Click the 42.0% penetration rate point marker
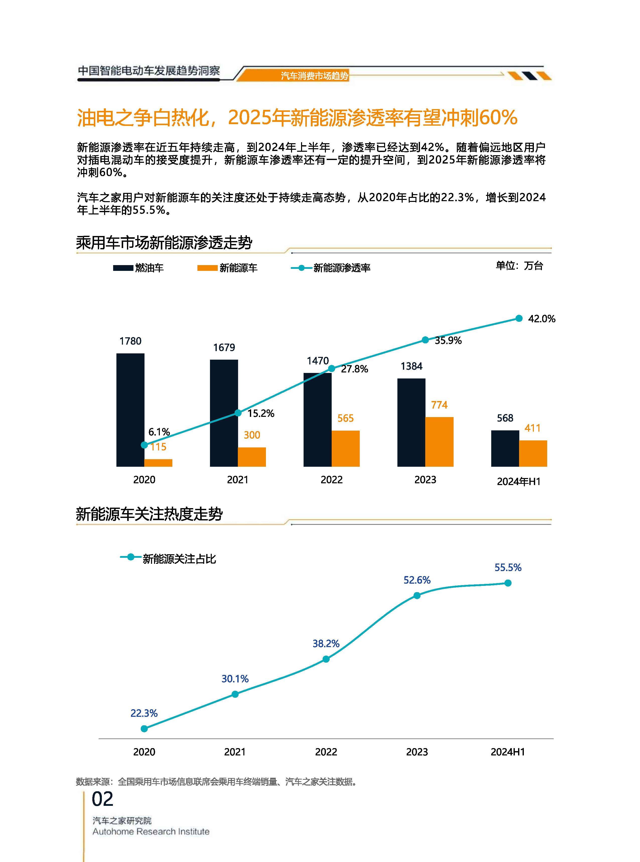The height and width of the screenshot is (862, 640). [519, 318]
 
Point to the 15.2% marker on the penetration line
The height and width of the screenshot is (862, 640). [238, 413]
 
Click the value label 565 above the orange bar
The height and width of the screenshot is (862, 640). [345, 418]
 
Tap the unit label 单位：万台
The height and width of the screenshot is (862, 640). [519, 266]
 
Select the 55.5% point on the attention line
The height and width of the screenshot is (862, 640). [508, 583]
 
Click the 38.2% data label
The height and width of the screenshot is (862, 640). [326, 644]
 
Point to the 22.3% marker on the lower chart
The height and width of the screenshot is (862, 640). [144, 728]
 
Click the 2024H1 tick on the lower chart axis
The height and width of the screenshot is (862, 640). [508, 752]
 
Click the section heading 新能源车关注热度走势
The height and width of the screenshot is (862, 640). [149, 514]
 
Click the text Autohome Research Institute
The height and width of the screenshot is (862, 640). [151, 831]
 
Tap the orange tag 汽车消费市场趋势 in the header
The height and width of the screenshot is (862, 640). [314, 76]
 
